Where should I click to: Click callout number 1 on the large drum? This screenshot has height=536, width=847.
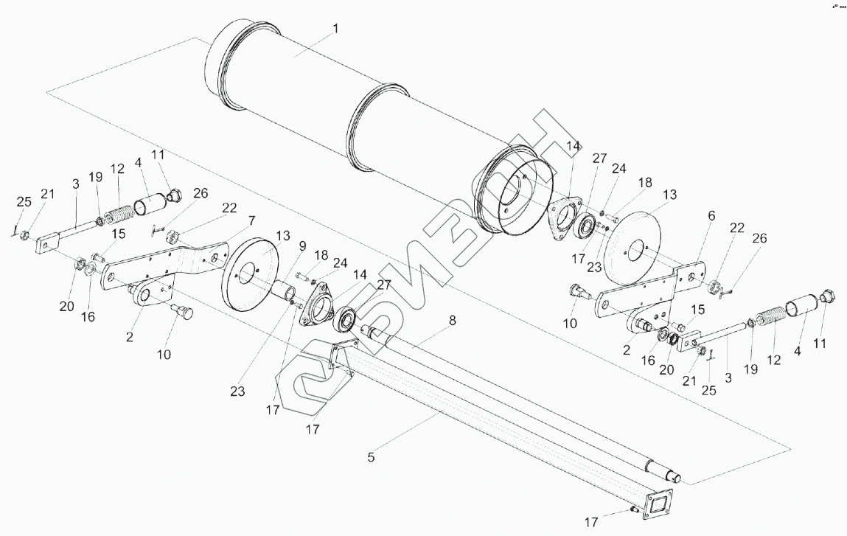point(335,28)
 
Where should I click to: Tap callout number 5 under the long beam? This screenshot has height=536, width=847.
point(371,457)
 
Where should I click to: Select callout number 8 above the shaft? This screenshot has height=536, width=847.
point(452,321)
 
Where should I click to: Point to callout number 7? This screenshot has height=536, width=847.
point(251,220)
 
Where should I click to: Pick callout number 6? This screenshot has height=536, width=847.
point(711,215)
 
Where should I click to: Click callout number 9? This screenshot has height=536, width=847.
point(302,246)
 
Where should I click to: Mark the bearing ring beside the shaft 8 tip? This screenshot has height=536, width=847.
point(345,319)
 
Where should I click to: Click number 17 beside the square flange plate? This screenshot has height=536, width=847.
point(591,522)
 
